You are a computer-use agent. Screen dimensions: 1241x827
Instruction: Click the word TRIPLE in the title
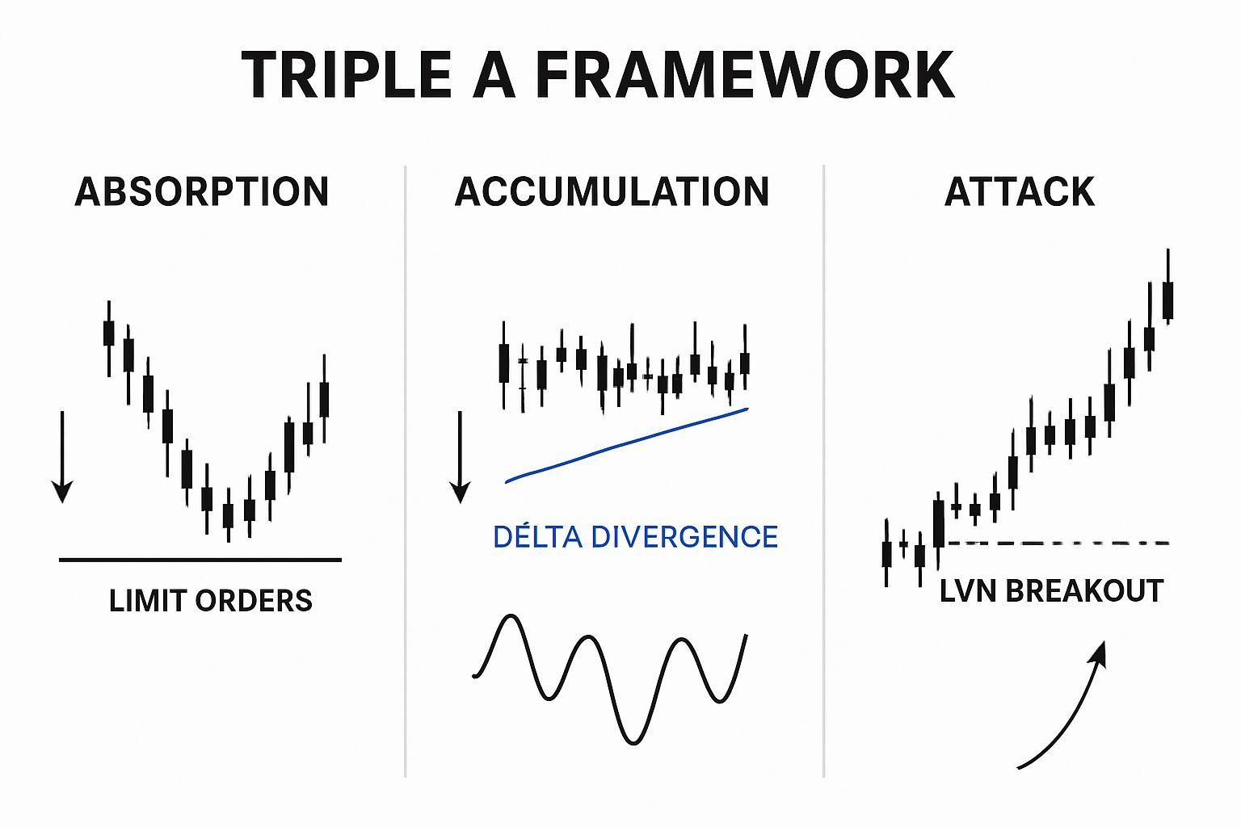[x=347, y=74]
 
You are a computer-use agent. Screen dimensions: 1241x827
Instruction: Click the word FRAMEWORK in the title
[x=745, y=74]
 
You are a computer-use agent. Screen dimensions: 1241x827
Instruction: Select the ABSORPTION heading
[x=202, y=191]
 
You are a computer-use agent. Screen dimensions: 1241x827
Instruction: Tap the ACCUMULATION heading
[x=612, y=191]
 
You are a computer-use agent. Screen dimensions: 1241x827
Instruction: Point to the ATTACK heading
[x=1020, y=191]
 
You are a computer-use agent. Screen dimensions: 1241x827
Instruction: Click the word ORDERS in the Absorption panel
[x=254, y=600]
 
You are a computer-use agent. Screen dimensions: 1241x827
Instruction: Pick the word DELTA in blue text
[x=537, y=536]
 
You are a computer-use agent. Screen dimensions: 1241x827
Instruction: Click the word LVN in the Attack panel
[x=968, y=591]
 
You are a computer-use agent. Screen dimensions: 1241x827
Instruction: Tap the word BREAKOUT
[x=1084, y=591]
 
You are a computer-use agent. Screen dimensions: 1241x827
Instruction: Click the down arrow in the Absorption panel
[x=62, y=457]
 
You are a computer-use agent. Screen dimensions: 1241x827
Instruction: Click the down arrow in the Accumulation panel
[x=460, y=457]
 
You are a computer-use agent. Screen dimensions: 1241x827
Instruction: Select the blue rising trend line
[x=627, y=445]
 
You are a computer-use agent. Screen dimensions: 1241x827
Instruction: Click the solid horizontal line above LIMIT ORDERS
[x=200, y=560]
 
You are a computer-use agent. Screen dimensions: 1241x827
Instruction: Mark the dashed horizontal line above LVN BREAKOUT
[x=1058, y=544]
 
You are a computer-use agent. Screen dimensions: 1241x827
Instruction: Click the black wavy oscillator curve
[x=610, y=679]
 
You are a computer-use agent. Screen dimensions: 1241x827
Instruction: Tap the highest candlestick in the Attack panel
[x=1167, y=287]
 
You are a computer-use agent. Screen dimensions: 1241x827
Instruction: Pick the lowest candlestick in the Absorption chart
[x=228, y=515]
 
